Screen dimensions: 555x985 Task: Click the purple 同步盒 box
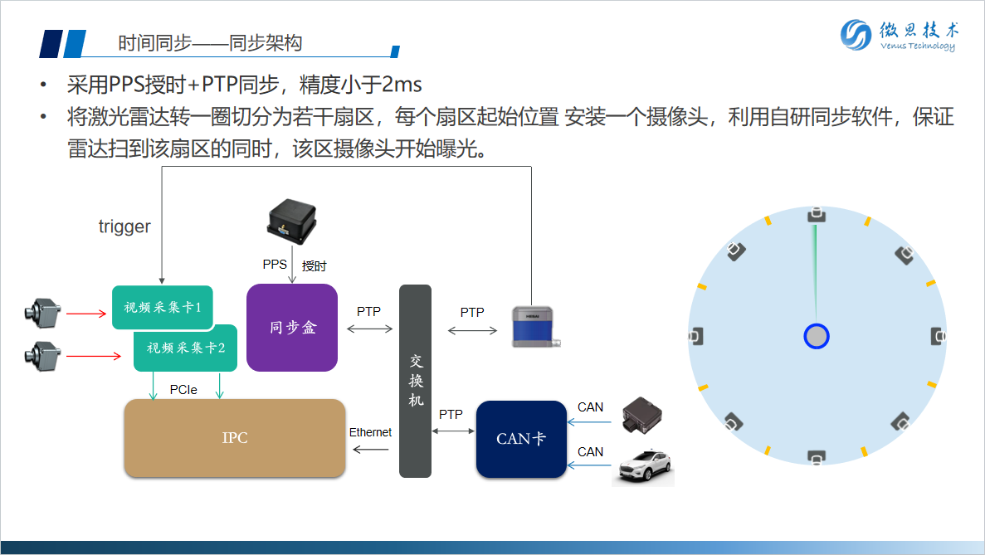292,327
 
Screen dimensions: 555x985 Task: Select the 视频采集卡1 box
163,307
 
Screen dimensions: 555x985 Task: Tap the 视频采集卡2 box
186,348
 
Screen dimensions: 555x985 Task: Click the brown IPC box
234,438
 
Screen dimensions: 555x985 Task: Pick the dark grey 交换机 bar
416,381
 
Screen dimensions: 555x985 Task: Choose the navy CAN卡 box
521,439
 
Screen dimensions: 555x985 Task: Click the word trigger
124,226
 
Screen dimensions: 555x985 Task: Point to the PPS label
275,265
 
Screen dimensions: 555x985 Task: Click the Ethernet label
370,432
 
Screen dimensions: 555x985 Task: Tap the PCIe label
183,389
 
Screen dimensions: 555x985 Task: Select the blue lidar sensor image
534,325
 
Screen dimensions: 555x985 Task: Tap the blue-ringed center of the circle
817,336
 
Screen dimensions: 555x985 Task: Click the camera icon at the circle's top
817,215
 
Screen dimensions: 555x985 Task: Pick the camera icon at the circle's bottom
817,457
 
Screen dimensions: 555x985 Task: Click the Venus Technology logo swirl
856,35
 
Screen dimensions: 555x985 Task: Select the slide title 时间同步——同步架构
210,43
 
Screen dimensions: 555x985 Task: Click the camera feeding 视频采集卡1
42,312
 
